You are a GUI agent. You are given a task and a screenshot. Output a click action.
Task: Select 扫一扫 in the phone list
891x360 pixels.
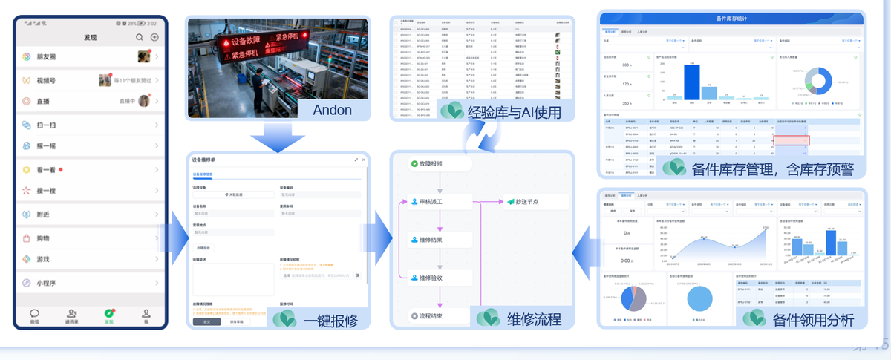[x=47, y=125]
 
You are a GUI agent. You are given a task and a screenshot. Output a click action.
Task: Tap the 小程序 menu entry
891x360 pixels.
[x=48, y=283]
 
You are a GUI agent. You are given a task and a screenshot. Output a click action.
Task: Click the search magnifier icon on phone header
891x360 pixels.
[x=140, y=37]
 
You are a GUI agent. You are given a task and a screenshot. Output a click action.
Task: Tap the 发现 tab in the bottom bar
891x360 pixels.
[x=109, y=316]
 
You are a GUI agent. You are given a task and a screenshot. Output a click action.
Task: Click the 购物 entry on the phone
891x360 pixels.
[x=44, y=239]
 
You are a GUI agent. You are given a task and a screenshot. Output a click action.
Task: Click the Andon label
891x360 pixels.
[x=332, y=111]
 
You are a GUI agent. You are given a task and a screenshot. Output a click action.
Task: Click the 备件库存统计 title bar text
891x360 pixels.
[x=731, y=18]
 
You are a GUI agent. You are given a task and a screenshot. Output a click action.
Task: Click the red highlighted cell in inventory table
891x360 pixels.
[x=791, y=140]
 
